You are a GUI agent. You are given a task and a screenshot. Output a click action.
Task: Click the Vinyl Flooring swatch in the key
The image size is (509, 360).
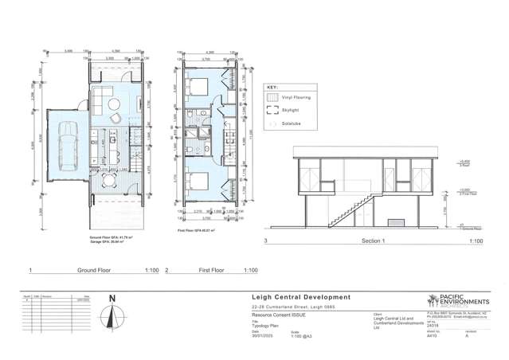click(x=272, y=98)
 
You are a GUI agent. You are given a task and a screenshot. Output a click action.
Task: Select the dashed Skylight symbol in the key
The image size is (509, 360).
click(x=272, y=113)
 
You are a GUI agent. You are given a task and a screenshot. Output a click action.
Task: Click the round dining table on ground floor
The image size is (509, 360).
click(x=117, y=119)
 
